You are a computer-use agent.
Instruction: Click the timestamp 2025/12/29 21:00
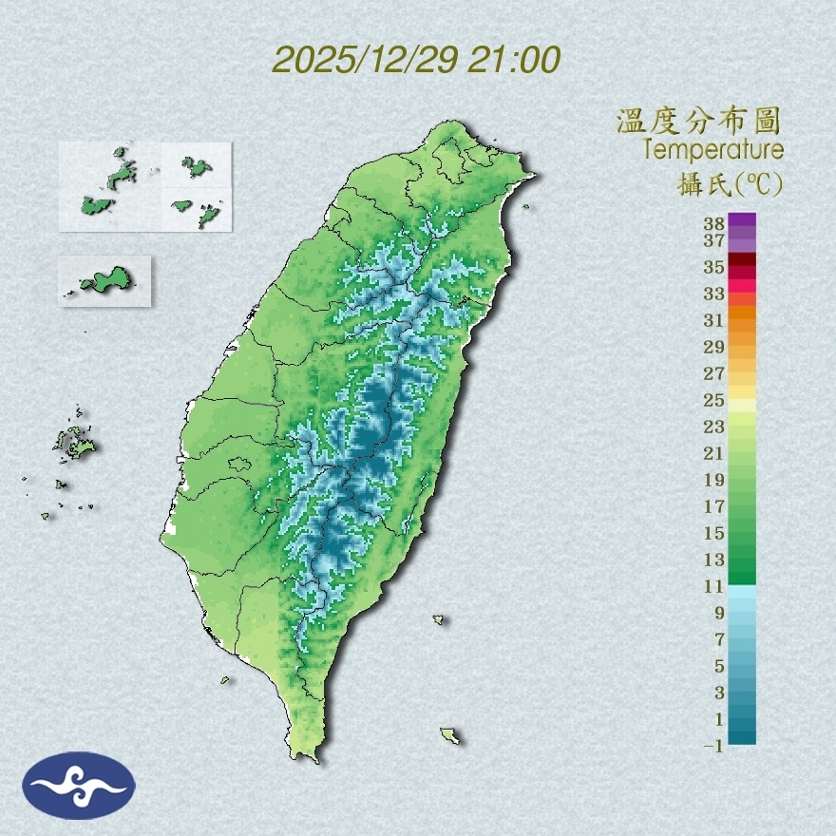click(x=416, y=60)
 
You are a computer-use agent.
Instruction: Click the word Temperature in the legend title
click(x=712, y=150)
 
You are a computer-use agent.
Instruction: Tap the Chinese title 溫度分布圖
click(x=698, y=122)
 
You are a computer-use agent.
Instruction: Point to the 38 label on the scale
click(x=714, y=224)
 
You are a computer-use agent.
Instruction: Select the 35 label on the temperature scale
click(x=714, y=267)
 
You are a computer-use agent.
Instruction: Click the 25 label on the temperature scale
click(x=714, y=400)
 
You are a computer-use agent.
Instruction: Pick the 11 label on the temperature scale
click(x=714, y=586)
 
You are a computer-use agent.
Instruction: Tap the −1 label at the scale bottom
click(x=713, y=746)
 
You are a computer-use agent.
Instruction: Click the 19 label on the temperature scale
click(x=714, y=480)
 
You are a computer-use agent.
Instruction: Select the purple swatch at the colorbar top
click(x=742, y=219)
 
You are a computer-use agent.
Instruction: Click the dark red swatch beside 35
click(x=742, y=259)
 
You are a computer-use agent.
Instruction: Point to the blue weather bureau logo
click(x=80, y=785)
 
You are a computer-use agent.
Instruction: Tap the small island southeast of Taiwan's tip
click(x=449, y=735)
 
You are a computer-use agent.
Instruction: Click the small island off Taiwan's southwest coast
click(x=226, y=679)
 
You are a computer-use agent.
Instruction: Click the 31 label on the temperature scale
click(x=714, y=320)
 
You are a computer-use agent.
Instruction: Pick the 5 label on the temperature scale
click(x=719, y=666)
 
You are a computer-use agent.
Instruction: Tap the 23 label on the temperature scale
click(x=714, y=427)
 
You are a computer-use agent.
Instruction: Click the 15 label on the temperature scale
click(x=714, y=533)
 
